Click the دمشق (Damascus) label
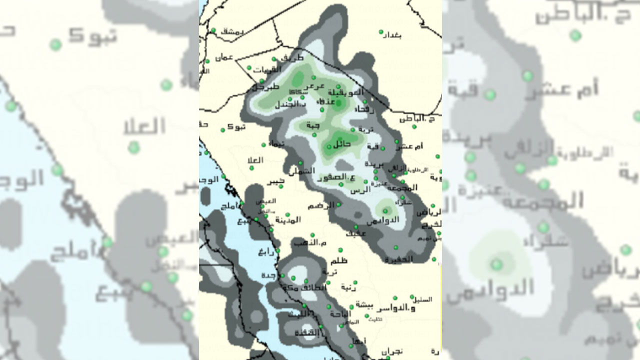[231, 31]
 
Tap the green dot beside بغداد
[381, 31]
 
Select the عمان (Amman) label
[224, 57]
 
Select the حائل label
[341, 144]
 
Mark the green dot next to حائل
[329, 147]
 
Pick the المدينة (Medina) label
[287, 219]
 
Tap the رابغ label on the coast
[265, 252]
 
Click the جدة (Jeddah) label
[268, 275]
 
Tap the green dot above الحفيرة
[395, 247]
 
